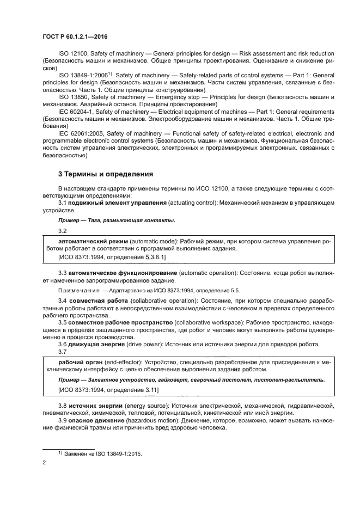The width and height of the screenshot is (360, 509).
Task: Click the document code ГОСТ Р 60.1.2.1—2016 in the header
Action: [74, 34]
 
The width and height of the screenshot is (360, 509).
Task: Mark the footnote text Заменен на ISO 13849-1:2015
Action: [103, 452]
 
